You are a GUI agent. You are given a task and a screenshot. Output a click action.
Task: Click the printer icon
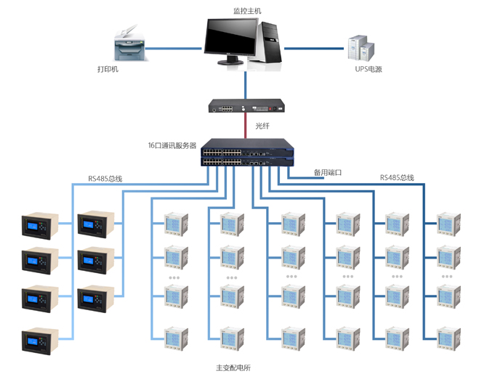[128, 43]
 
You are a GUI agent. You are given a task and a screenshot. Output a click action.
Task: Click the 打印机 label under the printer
[108, 70]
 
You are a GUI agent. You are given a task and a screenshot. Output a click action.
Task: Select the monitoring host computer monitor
[230, 39]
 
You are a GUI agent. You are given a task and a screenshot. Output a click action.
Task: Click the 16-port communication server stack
[246, 153]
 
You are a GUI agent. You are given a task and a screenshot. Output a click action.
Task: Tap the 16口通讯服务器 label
[172, 146]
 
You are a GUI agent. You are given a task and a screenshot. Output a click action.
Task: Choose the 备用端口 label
[327, 173]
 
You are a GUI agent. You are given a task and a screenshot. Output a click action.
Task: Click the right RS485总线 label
[397, 177]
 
